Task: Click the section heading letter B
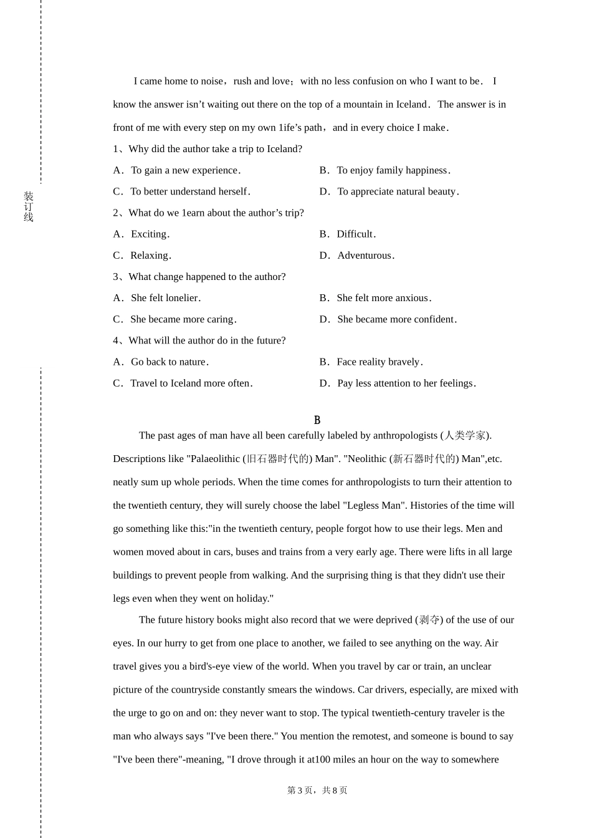pyautogui.click(x=317, y=420)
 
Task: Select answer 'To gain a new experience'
pyautogui.click(x=185, y=170)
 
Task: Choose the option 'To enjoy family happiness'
pyautogui.click(x=393, y=170)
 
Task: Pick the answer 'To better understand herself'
pyautogui.click(x=189, y=191)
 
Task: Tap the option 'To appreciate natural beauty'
pyautogui.click(x=398, y=191)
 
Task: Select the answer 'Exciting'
pyautogui.click(x=150, y=234)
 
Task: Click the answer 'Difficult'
pyautogui.click(x=356, y=234)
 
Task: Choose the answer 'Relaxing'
pyautogui.click(x=150, y=255)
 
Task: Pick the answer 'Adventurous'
pyautogui.click(x=365, y=255)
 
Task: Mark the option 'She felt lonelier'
pyautogui.click(x=165, y=298)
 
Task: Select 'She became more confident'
pyautogui.click(x=396, y=319)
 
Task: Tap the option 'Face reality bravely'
pyautogui.click(x=379, y=362)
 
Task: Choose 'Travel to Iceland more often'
pyautogui.click(x=191, y=383)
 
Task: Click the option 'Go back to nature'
pyautogui.click(x=169, y=362)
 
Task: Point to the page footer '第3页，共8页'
pyautogui.click(x=317, y=790)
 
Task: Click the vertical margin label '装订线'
pyautogui.click(x=29, y=206)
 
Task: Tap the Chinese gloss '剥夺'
pyautogui.click(x=429, y=620)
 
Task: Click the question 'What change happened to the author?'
pyautogui.click(x=207, y=277)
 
